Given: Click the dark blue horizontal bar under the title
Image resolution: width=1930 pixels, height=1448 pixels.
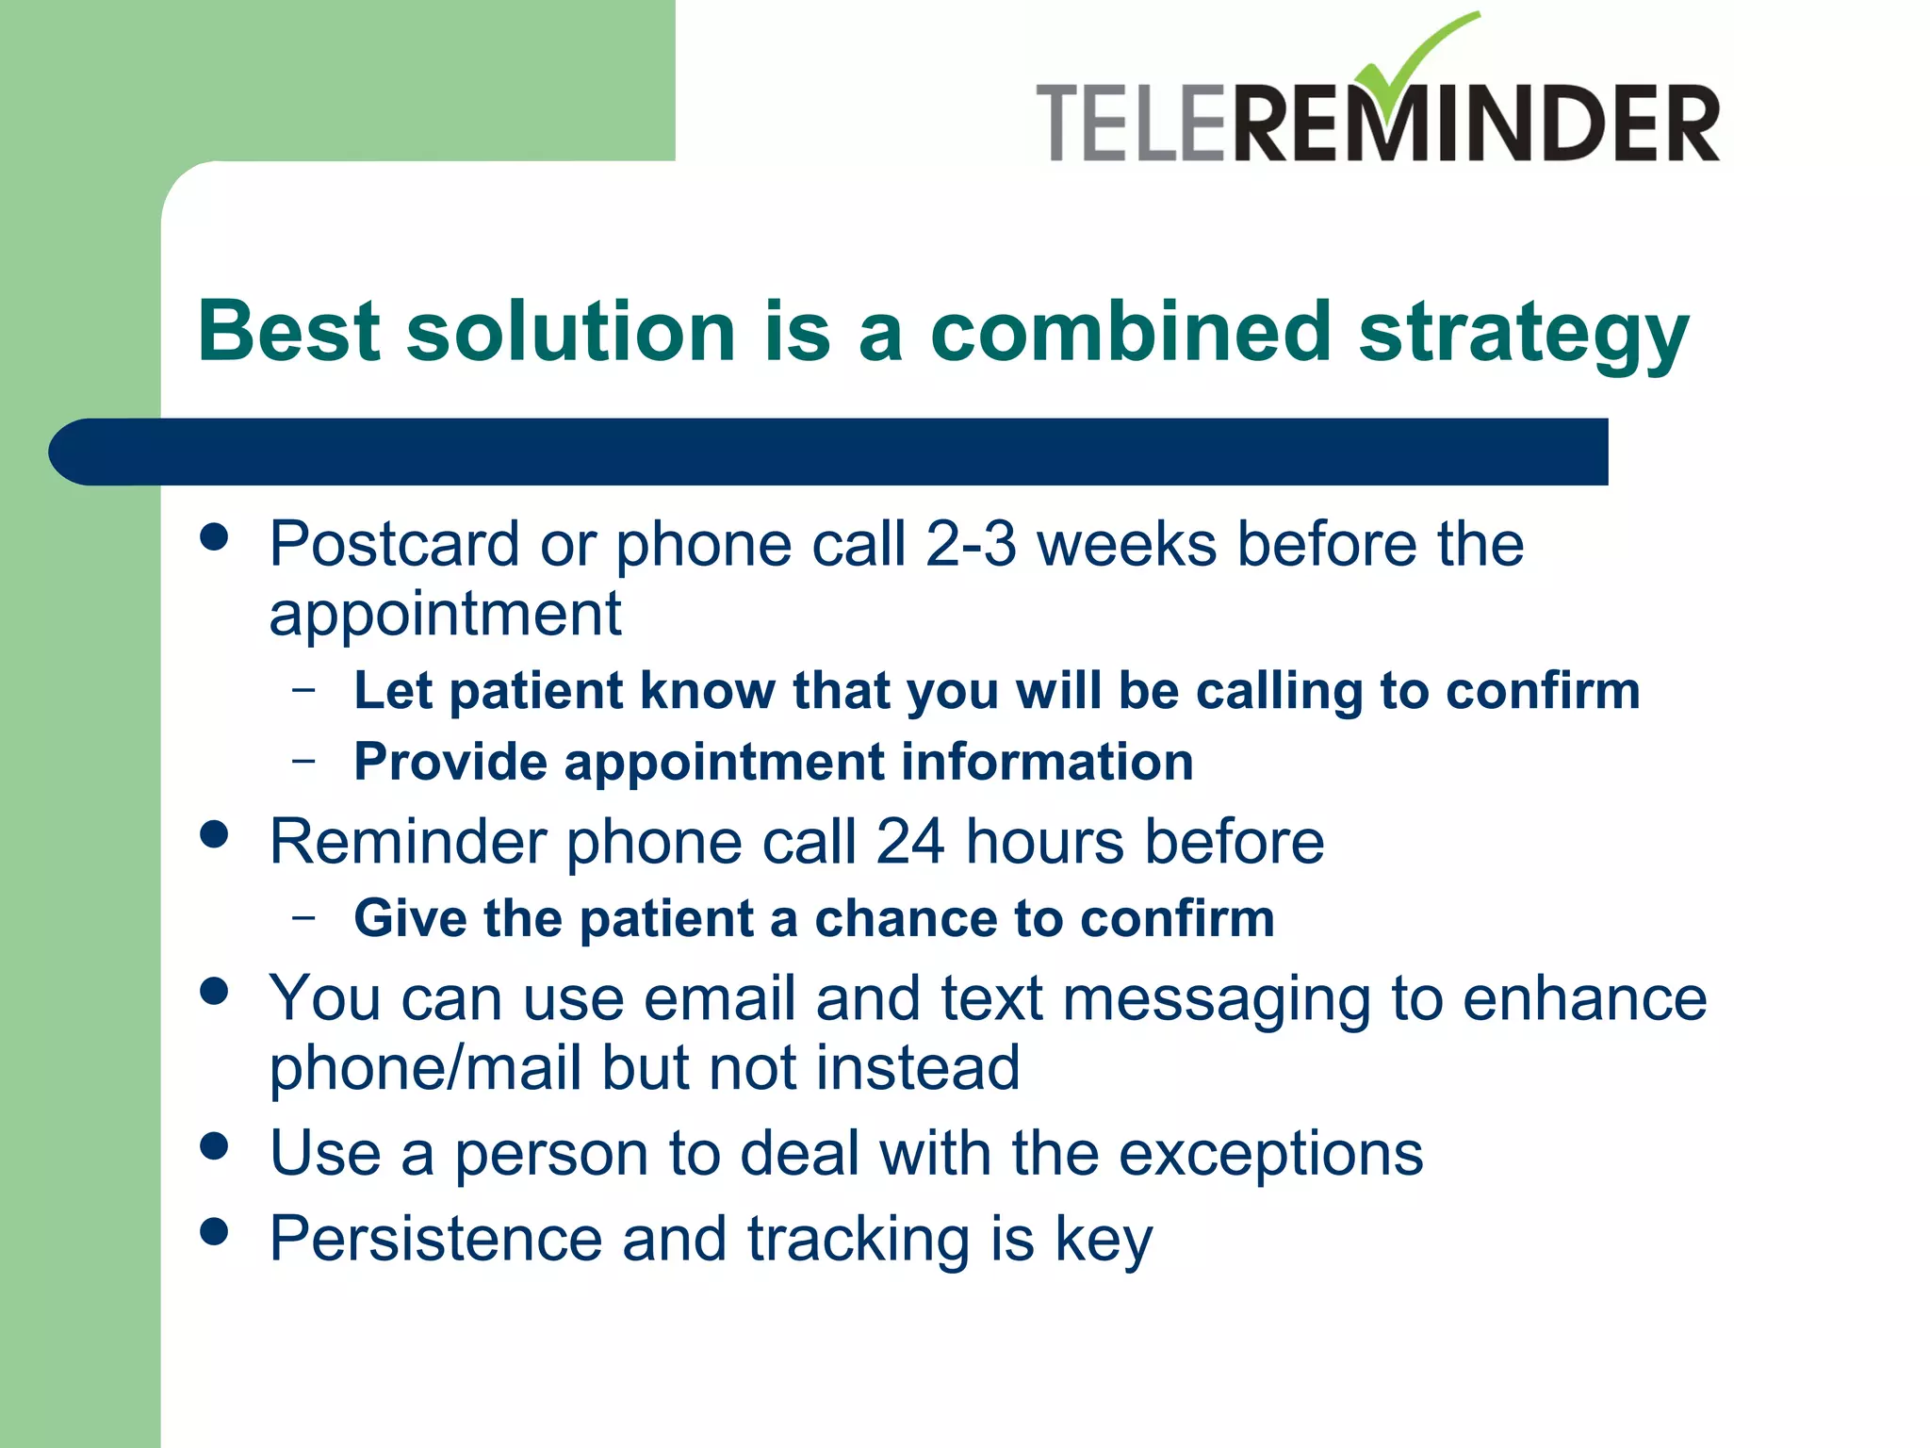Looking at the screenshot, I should pos(829,452).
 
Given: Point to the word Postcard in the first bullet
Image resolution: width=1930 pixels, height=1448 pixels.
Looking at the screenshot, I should pos(394,544).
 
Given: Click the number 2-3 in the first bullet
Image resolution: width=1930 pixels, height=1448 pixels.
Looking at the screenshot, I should pos(971,544).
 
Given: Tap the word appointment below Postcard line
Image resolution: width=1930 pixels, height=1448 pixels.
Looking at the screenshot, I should pos(445,615).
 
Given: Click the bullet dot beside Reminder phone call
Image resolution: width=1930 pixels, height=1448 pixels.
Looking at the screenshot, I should pos(215,834).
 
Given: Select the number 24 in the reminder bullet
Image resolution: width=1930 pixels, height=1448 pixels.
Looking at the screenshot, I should pos(909,841).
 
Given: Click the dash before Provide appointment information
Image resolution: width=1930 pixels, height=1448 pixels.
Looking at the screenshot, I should pos(303,760).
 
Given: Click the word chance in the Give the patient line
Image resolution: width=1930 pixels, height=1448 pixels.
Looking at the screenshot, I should pos(905,918).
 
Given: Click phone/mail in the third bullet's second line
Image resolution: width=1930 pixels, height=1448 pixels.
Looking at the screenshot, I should pos(425,1068).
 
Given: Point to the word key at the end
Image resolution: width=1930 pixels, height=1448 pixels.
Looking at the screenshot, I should pos(1103,1240).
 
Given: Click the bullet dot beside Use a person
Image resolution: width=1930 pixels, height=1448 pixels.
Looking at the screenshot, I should pos(215,1146).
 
